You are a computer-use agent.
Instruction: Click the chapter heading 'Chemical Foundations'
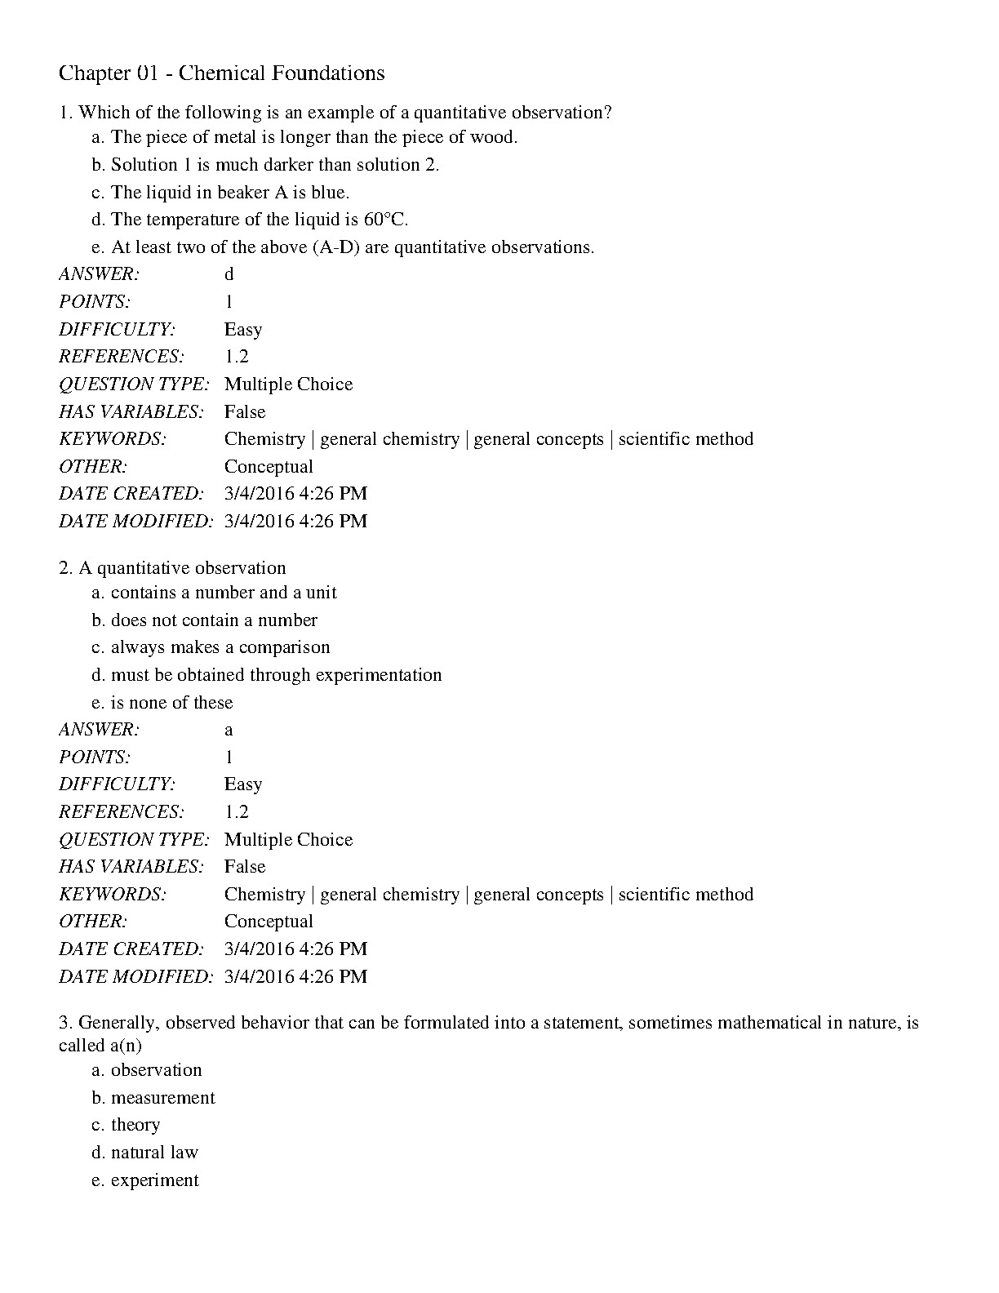tap(281, 73)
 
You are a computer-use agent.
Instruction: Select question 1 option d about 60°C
tap(259, 220)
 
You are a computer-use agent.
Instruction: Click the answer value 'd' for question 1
tap(229, 274)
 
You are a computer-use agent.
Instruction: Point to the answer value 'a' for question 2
tap(229, 730)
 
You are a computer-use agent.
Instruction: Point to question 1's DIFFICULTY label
tap(118, 330)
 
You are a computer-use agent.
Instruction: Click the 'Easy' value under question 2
tap(243, 784)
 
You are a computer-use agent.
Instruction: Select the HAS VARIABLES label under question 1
tap(131, 412)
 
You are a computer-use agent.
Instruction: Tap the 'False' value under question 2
tap(245, 867)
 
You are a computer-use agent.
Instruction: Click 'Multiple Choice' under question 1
tap(288, 384)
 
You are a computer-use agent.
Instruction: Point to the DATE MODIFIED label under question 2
tap(135, 976)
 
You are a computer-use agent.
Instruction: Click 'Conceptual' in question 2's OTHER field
tap(269, 922)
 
